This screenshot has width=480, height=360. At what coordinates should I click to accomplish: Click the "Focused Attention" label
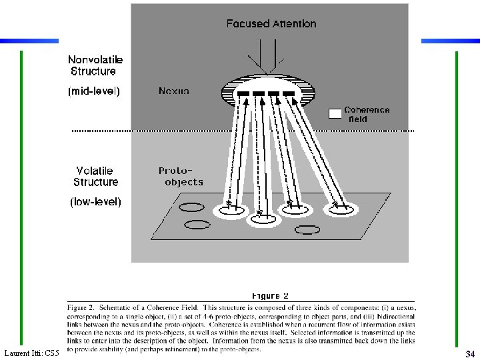tap(271, 24)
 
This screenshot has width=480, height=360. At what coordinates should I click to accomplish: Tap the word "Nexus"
tap(174, 91)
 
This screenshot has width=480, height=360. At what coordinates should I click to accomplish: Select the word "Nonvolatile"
tap(95, 59)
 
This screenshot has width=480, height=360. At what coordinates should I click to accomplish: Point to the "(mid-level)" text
tap(94, 92)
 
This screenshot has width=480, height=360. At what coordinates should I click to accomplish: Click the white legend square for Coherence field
tap(335, 114)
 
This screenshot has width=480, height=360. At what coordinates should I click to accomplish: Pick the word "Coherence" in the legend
tap(367, 110)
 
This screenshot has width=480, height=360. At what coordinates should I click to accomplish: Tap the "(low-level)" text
tap(96, 201)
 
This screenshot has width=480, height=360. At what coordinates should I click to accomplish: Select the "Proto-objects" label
tap(180, 176)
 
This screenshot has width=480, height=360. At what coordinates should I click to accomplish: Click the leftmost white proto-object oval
tap(229, 211)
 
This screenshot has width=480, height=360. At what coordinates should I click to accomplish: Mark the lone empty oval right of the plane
tap(307, 230)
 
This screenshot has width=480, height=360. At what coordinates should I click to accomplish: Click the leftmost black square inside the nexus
tap(243, 93)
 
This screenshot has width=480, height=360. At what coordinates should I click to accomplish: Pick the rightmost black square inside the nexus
tap(288, 93)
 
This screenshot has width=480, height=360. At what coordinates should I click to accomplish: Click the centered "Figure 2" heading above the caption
tap(270, 295)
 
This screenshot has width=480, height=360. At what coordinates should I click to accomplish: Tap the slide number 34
tap(469, 353)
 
